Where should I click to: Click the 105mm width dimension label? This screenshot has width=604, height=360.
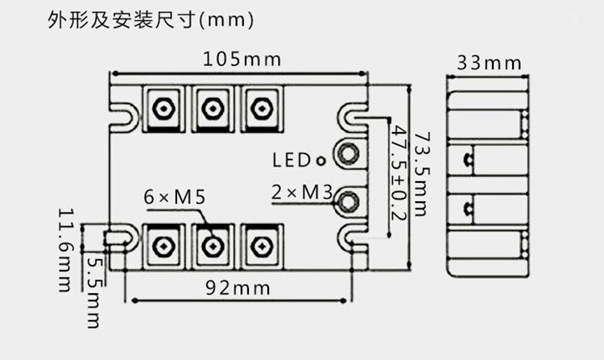click(x=242, y=60)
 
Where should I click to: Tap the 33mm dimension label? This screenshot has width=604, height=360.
click(x=489, y=63)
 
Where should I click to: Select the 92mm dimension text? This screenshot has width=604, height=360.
click(x=238, y=288)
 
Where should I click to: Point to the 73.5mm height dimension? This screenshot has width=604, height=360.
click(x=421, y=175)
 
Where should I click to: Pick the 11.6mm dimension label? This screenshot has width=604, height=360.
click(x=65, y=250)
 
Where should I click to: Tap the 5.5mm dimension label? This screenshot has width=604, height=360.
click(x=94, y=292)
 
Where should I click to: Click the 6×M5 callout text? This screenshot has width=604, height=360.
click(x=175, y=197)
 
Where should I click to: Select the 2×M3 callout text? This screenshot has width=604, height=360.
click(x=302, y=192)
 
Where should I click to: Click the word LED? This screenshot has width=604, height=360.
click(x=292, y=160)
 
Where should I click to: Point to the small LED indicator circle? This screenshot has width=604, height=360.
click(x=321, y=161)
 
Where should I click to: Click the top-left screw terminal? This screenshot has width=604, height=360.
click(x=163, y=109)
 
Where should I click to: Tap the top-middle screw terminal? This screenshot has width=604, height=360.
click(x=213, y=109)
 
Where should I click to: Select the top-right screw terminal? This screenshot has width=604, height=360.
click(x=262, y=109)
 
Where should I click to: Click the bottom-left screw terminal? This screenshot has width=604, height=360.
click(x=163, y=246)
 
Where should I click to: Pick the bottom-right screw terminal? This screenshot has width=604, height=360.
click(x=262, y=246)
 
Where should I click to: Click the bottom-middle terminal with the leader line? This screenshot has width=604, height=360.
click(x=213, y=246)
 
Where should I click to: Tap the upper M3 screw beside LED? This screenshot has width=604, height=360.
click(x=348, y=153)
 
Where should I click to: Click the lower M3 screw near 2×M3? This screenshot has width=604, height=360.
click(x=348, y=201)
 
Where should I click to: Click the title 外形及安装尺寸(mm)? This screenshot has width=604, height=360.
click(x=151, y=19)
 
